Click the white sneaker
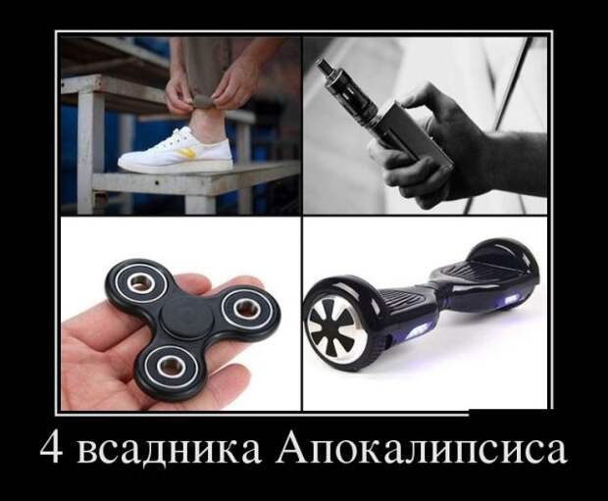tap(177, 150)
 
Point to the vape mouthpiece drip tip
tap(324, 66)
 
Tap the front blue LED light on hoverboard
tap(420, 330)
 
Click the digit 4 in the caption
tap(52, 450)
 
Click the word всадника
tap(169, 451)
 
